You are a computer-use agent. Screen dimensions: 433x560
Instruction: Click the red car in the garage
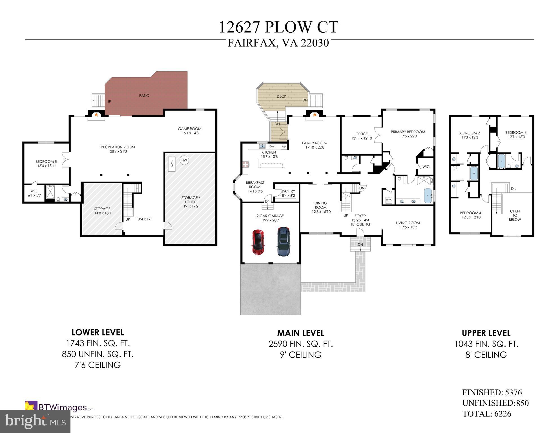[258, 242]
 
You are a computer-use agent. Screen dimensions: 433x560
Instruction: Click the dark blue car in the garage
[284, 242]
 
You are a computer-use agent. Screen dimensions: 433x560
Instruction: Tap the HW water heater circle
[184, 160]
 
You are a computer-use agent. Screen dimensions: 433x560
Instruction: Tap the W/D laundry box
[389, 200]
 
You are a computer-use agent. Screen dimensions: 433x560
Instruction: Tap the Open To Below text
[515, 215]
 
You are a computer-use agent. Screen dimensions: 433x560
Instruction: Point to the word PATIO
[144, 96]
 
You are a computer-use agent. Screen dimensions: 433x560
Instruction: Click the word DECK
[281, 96]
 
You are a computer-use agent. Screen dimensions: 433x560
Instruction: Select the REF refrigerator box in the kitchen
[284, 147]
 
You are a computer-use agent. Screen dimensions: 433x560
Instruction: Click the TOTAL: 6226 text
[487, 414]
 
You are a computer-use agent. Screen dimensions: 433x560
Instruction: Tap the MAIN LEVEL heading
[300, 333]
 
